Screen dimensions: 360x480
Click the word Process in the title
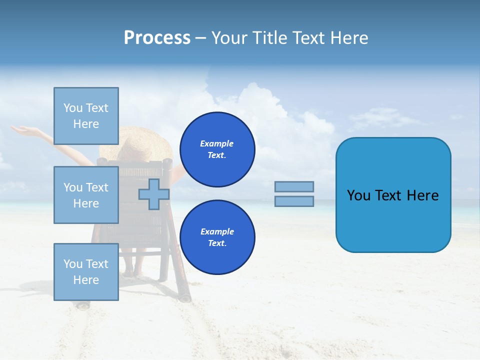point(157,38)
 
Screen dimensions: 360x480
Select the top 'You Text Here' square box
point(86,116)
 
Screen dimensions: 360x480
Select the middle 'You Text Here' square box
point(86,195)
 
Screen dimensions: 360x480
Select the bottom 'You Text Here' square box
point(86,271)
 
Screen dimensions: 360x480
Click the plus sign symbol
point(154,194)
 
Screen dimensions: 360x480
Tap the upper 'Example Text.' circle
point(217,149)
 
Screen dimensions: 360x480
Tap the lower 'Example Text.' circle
point(217,237)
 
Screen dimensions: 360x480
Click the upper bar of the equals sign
point(294,186)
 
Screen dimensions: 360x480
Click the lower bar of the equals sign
point(294,201)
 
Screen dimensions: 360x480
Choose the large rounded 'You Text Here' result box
point(393,195)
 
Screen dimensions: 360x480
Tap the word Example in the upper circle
point(217,143)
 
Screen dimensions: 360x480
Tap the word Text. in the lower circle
point(217,243)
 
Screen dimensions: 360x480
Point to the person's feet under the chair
point(132,273)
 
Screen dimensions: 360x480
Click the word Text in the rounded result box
point(392,195)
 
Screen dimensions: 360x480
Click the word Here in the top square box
point(86,124)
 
